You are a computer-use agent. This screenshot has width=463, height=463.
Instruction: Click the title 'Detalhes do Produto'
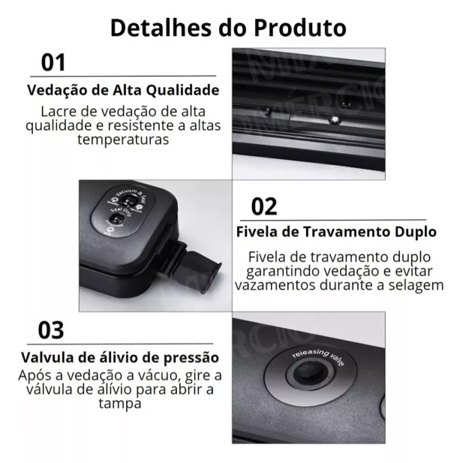click(228, 27)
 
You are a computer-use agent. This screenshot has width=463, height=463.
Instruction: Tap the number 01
click(53, 62)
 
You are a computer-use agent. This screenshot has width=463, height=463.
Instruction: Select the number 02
click(263, 206)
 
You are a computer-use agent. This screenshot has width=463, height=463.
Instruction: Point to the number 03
click(51, 330)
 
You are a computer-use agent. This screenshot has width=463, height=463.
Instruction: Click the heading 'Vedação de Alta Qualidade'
click(123, 90)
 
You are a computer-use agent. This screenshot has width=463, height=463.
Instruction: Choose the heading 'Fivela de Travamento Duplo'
click(336, 231)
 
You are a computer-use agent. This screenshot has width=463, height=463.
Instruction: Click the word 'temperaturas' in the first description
click(123, 140)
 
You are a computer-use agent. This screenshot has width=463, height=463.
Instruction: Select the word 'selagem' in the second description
click(417, 285)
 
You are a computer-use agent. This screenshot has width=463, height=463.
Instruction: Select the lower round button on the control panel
click(117, 220)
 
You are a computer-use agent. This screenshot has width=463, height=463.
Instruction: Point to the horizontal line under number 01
click(123, 76)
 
